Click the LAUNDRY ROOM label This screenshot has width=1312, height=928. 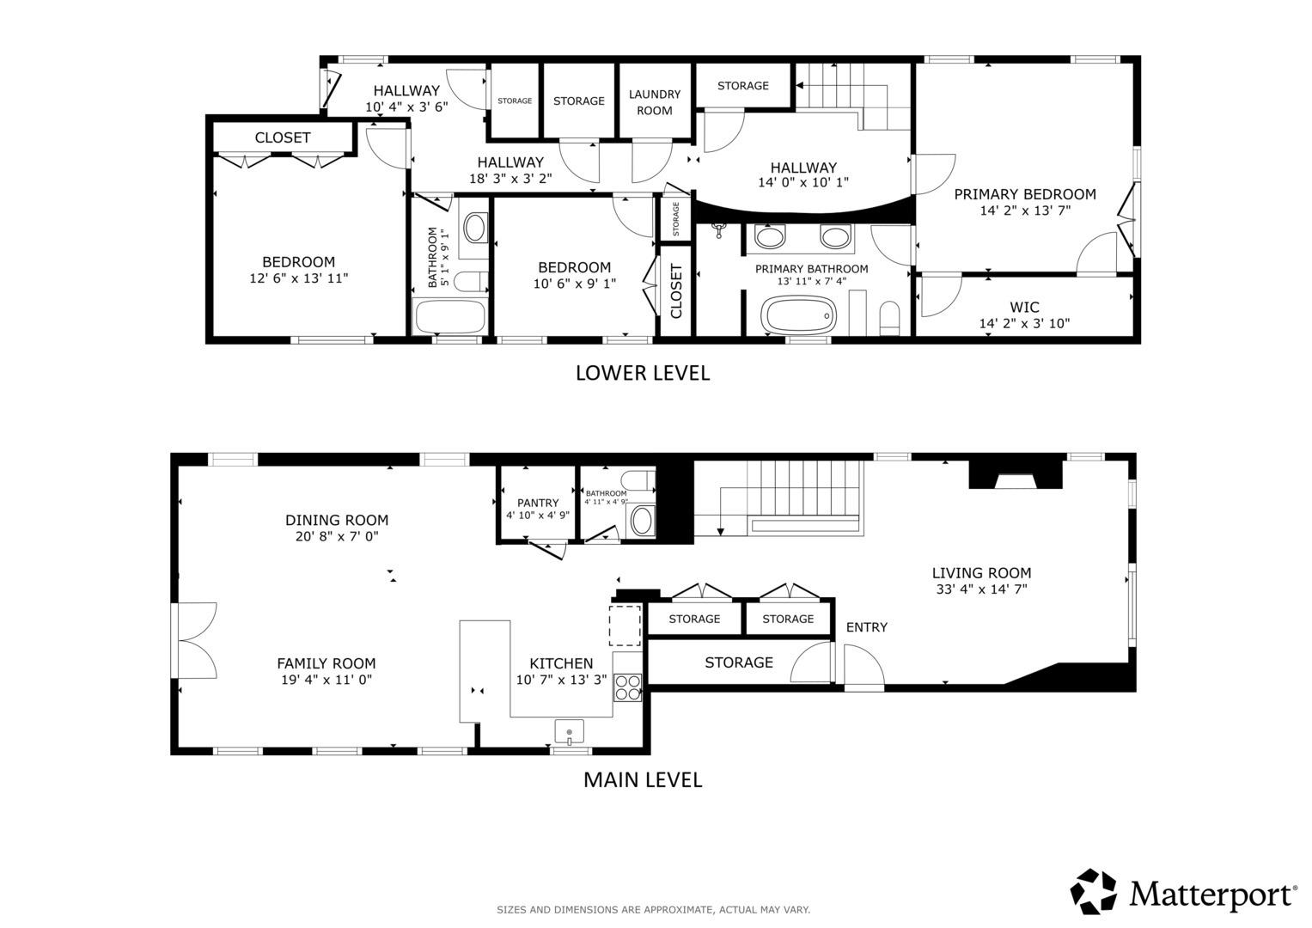(654, 102)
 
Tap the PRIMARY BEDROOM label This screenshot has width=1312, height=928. (1025, 194)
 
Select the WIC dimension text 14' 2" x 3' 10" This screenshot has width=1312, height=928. (1024, 323)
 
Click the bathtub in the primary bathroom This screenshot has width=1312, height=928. (798, 315)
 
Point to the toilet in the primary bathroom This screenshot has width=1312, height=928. (889, 318)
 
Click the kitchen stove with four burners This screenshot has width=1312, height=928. (627, 687)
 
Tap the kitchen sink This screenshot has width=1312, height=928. (570, 732)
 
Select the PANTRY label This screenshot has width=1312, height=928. (538, 503)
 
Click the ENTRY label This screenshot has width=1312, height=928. (867, 627)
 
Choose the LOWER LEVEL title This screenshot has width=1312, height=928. (643, 373)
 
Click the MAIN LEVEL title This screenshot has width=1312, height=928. (643, 780)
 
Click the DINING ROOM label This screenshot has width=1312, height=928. (337, 520)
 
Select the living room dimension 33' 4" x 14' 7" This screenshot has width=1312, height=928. (982, 589)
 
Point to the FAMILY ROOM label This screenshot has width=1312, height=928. (326, 663)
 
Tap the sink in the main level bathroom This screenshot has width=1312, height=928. (643, 520)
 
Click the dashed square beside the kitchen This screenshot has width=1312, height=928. (625, 626)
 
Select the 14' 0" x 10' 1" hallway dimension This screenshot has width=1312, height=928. (803, 182)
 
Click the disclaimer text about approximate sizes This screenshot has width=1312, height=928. (653, 910)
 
